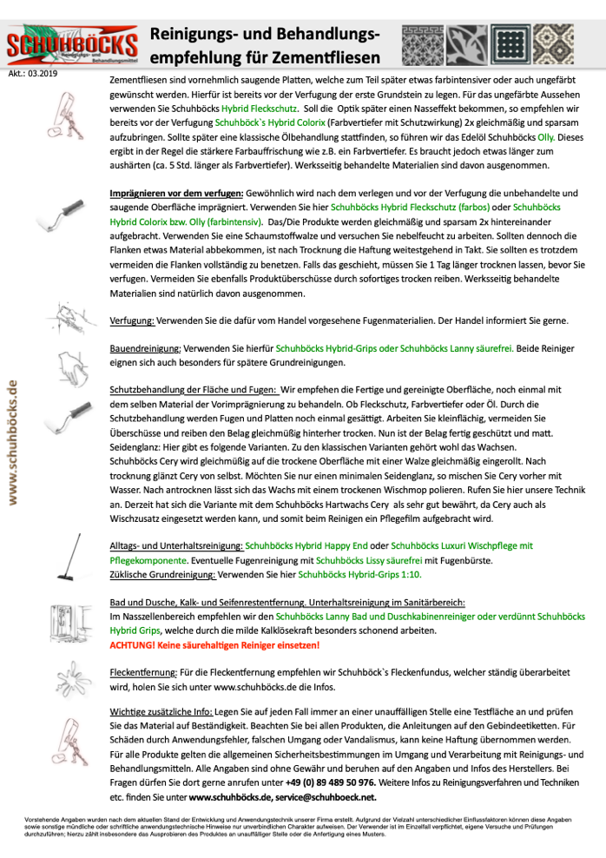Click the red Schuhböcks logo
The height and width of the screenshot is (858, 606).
[71, 46]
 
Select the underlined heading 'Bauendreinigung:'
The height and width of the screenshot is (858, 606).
[146, 346]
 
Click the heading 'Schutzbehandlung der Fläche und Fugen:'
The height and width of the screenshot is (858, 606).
[194, 390]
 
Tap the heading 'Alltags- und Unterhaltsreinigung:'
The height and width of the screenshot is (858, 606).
[176, 545]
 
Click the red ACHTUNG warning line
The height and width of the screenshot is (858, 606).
[214, 645]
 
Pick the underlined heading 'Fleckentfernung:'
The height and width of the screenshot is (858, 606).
[143, 671]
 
